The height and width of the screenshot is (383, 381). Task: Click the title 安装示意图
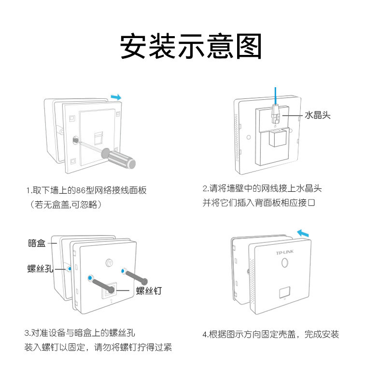[190, 46]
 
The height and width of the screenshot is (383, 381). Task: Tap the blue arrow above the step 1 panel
[116, 97]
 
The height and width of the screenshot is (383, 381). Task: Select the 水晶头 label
[318, 116]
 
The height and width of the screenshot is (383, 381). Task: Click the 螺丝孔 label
[40, 268]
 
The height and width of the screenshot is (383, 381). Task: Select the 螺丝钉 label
[149, 290]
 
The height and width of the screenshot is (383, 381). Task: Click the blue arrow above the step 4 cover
[303, 234]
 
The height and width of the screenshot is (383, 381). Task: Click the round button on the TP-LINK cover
[284, 263]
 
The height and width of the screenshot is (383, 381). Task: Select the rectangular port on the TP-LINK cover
[284, 292]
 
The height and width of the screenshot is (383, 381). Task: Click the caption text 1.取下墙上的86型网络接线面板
[86, 190]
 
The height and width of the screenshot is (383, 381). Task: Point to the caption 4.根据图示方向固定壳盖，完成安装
[270, 334]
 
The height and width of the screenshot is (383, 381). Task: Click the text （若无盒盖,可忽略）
[66, 204]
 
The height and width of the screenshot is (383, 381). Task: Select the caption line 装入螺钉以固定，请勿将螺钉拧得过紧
[98, 347]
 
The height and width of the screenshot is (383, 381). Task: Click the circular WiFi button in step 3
[109, 264]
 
